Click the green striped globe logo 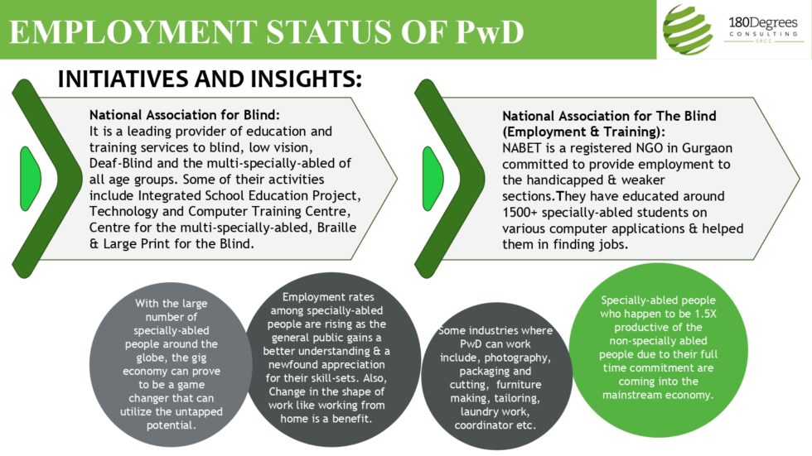687,30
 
